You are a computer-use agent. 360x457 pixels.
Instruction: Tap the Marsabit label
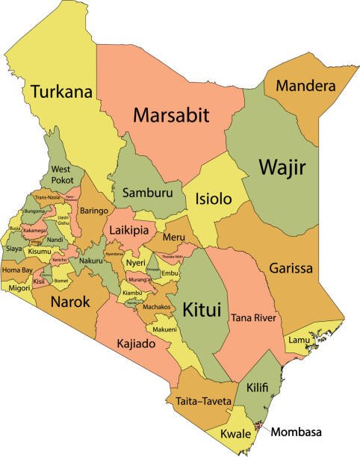point(170,115)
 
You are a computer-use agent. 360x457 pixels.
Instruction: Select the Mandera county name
point(305,86)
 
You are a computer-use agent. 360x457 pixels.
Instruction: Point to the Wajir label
point(281,167)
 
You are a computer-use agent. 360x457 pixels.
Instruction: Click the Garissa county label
point(291,268)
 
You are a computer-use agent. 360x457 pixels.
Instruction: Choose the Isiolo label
point(213,199)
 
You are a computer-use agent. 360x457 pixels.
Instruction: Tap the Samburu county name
point(146,191)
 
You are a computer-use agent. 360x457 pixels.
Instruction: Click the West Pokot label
point(62,175)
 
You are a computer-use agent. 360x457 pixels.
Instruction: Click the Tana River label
point(255,319)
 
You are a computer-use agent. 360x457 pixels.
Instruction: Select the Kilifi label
point(258,388)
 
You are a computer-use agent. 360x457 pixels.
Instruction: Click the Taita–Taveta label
point(202,401)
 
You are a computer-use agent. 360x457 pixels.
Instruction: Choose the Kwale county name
point(235,434)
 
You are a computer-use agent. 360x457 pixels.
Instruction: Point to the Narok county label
point(70,302)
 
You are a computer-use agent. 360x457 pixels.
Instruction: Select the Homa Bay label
point(16,270)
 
